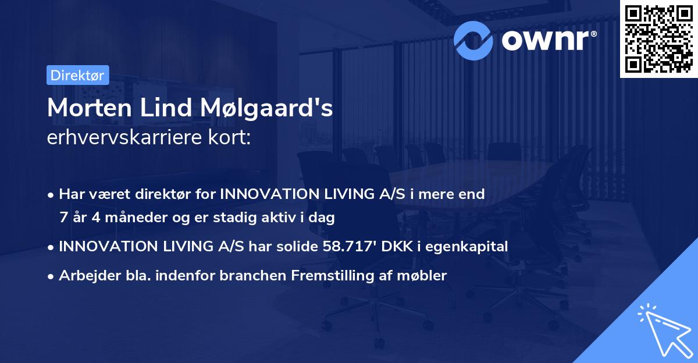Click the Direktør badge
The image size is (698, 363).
(77, 75)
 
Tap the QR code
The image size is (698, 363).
(659, 39)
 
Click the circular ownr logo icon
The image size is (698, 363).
(473, 40)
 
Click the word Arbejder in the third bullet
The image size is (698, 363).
(85, 276)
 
